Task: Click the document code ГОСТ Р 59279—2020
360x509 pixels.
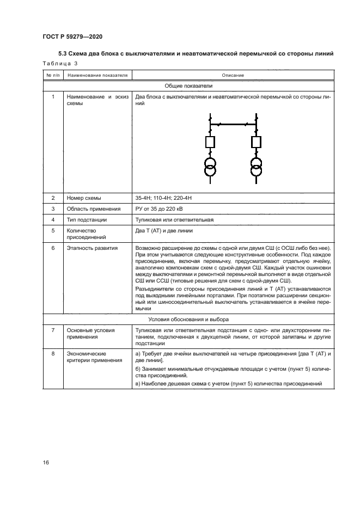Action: click(72, 36)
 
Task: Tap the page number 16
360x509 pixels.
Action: click(46, 462)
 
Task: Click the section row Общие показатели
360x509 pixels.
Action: click(189, 85)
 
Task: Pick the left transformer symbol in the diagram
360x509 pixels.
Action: click(210, 166)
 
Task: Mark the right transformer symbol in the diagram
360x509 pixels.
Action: click(255, 166)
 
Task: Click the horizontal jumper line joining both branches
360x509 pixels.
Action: click(233, 125)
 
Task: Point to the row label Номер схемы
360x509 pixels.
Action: click(83, 198)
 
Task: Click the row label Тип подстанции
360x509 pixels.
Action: click(87, 219)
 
